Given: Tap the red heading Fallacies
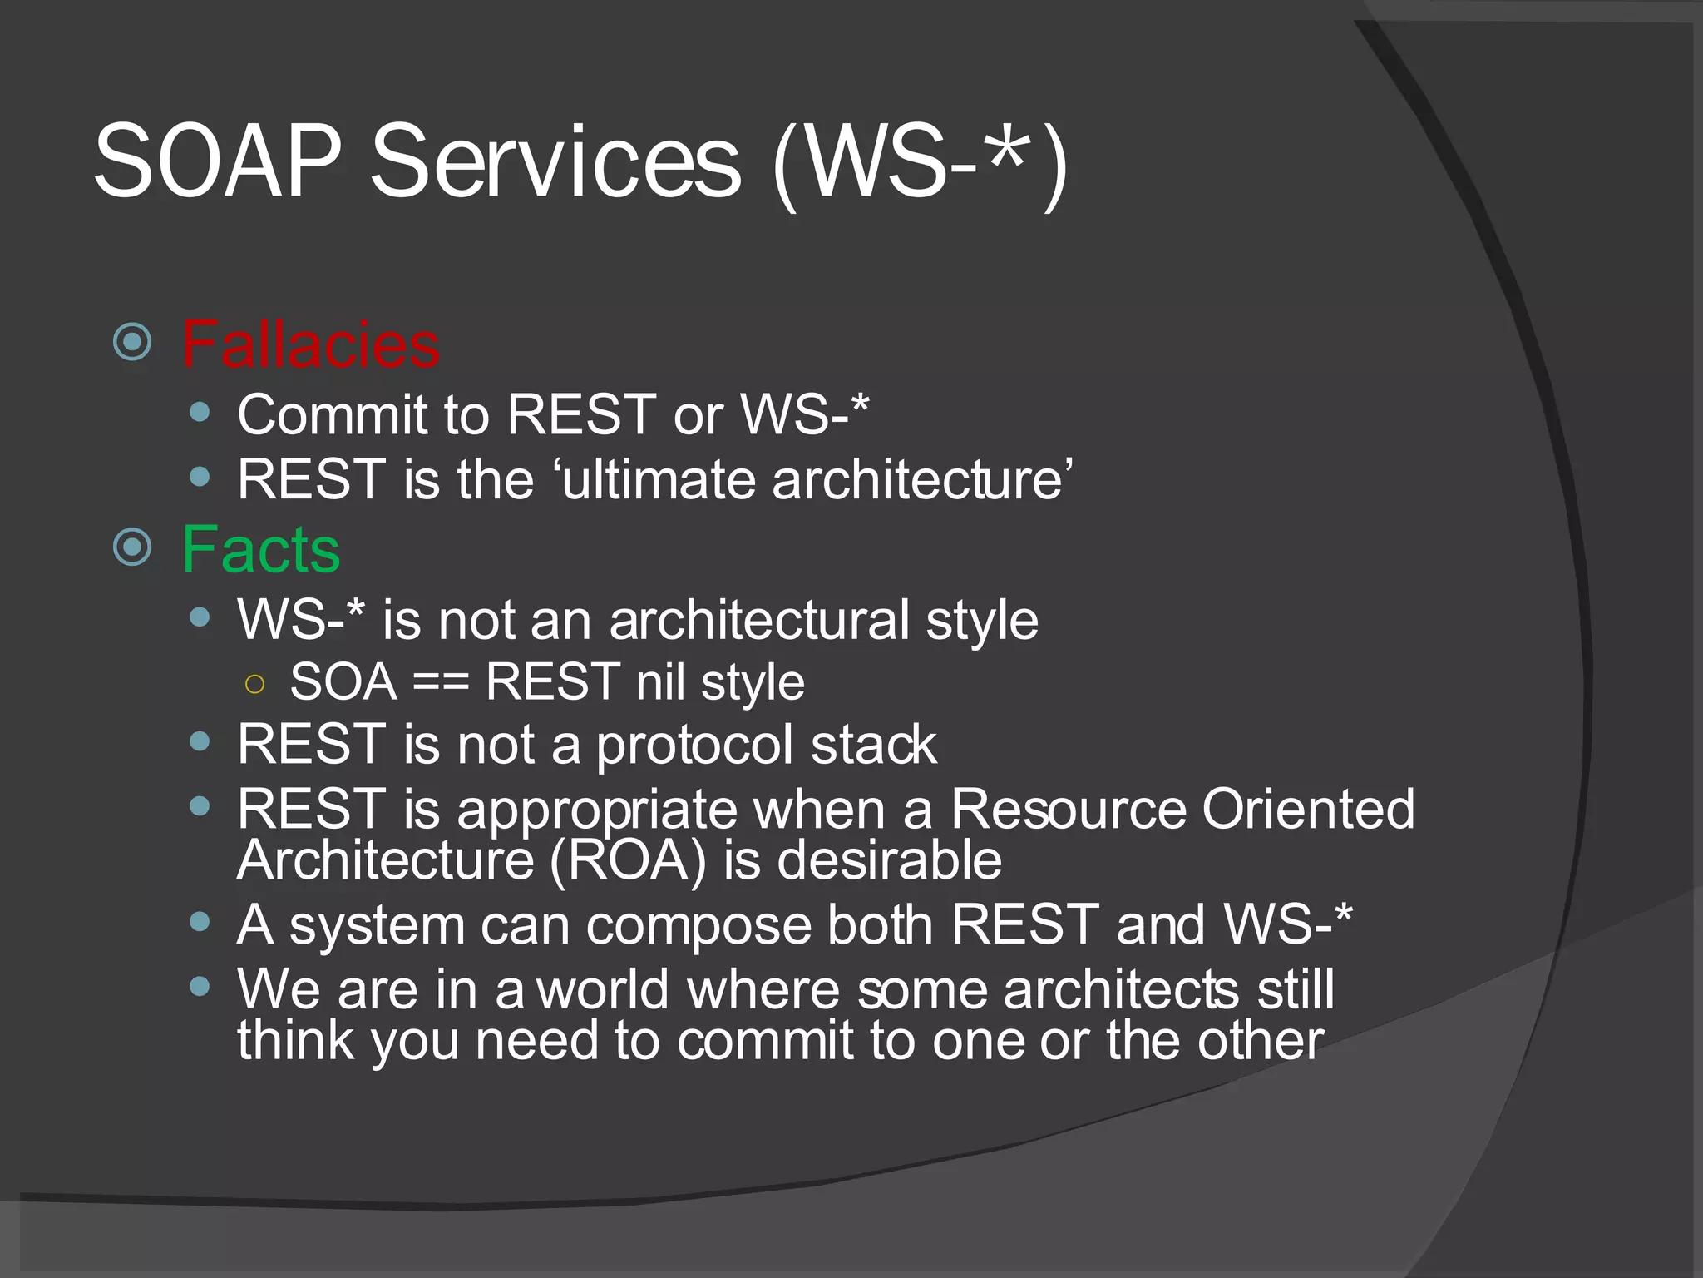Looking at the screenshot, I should point(310,344).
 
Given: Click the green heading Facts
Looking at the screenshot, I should point(261,550).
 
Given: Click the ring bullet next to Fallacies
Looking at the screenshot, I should point(132,341).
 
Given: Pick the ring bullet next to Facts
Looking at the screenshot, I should point(132,547).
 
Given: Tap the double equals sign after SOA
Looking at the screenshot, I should point(441,683).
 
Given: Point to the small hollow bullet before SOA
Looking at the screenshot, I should point(254,685).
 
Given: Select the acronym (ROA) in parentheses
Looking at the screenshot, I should point(628,860).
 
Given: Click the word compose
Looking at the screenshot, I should point(698,925).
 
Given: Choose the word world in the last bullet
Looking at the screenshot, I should point(603,990).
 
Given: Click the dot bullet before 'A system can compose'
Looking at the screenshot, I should point(200,921).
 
